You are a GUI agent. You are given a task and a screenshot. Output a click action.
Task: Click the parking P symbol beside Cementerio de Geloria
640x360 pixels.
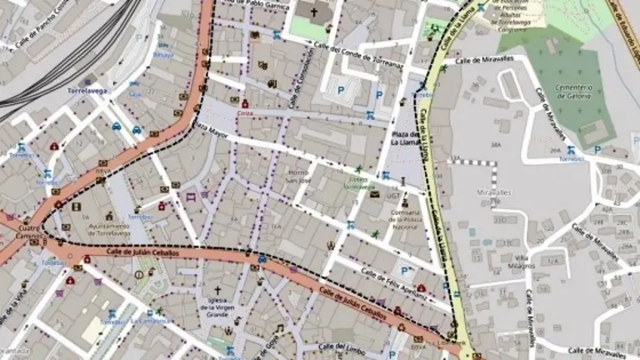(596, 150)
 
